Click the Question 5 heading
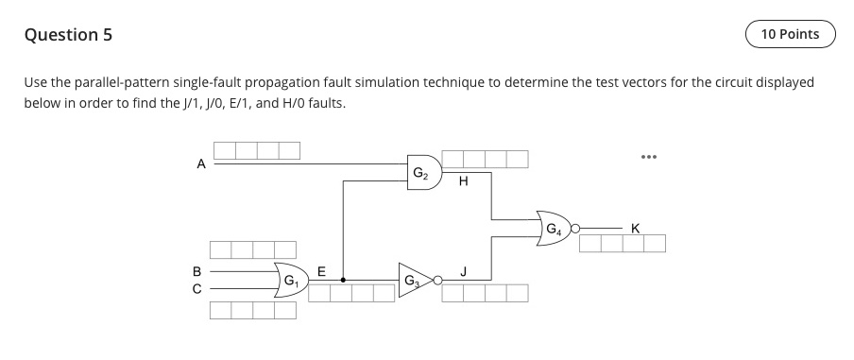coord(67,35)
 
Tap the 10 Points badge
coord(790,35)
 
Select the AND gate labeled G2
coord(421,173)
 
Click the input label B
coord(197,269)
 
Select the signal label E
coord(320,270)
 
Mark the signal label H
coord(463,184)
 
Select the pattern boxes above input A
coord(256,149)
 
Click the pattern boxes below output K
coord(622,244)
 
